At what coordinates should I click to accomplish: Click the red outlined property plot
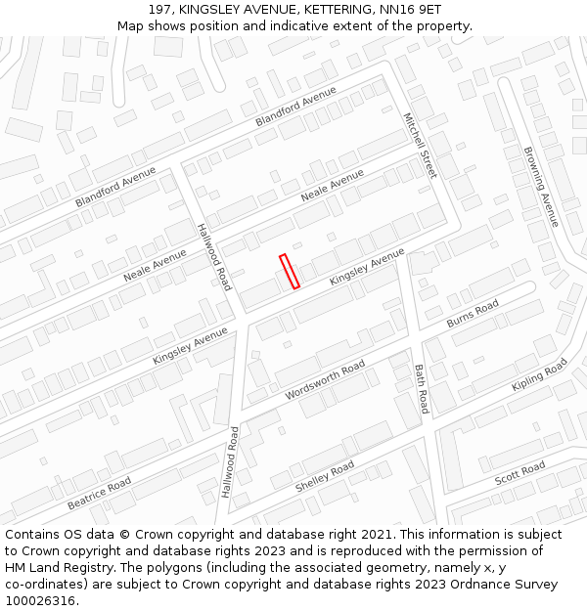pos(290,271)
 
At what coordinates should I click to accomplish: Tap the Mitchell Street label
pos(420,145)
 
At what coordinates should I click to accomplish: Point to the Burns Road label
pos(473,314)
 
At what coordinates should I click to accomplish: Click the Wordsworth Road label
pos(325,379)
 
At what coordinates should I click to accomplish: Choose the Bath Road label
pos(421,388)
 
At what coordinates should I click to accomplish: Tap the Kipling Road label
pos(539,375)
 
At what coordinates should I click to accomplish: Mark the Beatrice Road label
pos(99,494)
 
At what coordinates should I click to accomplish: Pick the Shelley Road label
pos(325,477)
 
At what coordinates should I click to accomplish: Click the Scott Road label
pos(519,474)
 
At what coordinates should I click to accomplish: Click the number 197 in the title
pos(161,9)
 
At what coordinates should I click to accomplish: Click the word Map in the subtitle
pos(130,25)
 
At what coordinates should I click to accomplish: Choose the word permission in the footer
pos(474,551)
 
